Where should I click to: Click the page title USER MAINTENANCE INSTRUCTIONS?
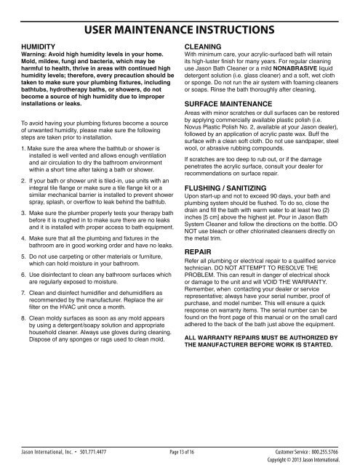(180, 31)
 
